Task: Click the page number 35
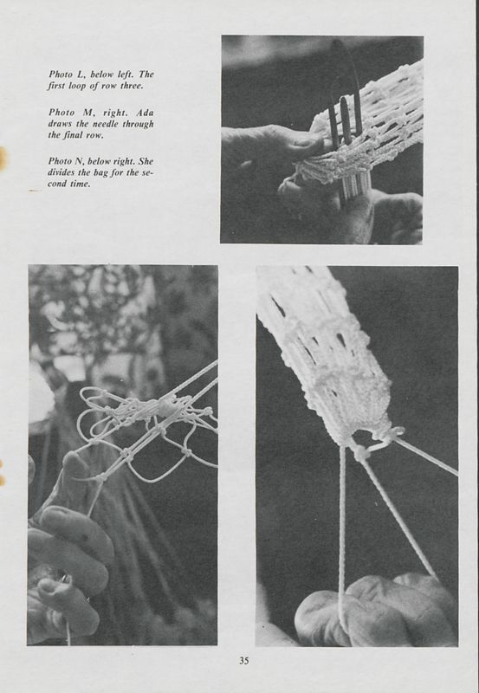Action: pos(244,661)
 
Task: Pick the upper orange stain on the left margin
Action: pos(3,158)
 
